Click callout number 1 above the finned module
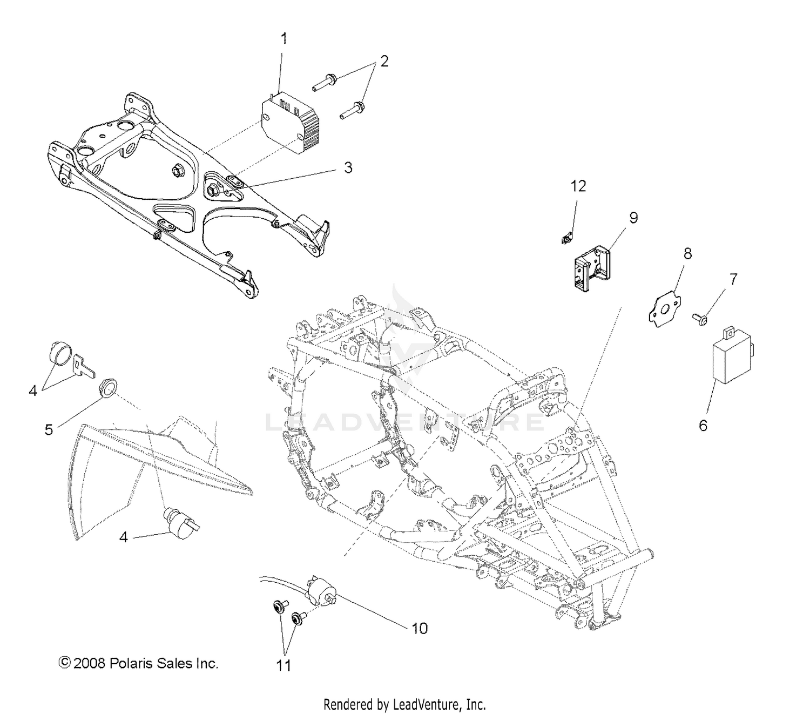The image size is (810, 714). [x=283, y=39]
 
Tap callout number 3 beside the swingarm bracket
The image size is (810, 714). [x=348, y=167]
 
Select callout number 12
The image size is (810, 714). [x=578, y=186]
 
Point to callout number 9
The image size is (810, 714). [x=633, y=218]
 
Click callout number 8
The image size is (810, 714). [x=687, y=253]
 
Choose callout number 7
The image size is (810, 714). [x=733, y=279]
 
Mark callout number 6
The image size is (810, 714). [x=703, y=426]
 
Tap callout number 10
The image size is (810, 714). [x=420, y=628]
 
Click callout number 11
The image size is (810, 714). [x=284, y=665]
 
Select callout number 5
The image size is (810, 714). [x=49, y=429]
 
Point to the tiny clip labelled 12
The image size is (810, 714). [x=565, y=237]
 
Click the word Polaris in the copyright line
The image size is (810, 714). [x=130, y=663]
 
